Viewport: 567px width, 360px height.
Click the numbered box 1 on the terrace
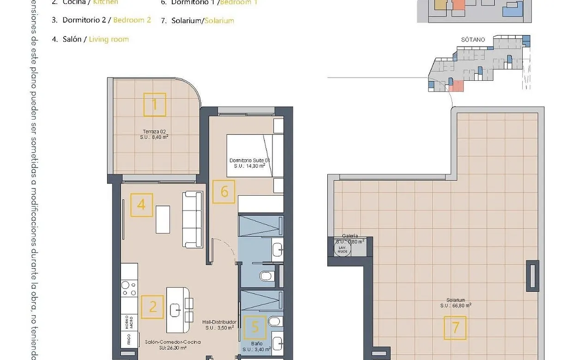155,105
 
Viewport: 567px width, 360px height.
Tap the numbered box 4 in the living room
142,204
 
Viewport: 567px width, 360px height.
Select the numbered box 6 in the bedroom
224,191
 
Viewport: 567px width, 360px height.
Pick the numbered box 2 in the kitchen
152,307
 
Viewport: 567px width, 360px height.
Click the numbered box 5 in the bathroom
254,327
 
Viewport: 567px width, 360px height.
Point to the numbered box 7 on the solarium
455,328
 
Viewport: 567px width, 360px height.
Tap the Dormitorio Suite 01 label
249,163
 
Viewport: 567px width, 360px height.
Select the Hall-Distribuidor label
219,324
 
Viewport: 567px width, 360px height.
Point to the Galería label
350,236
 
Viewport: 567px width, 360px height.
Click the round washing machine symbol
342,249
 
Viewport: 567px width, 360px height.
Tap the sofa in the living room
192,219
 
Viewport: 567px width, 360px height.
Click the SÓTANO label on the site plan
473,40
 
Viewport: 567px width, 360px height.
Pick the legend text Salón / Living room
90,39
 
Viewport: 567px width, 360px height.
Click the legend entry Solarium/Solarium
197,21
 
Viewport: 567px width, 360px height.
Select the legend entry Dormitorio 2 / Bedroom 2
101,20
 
